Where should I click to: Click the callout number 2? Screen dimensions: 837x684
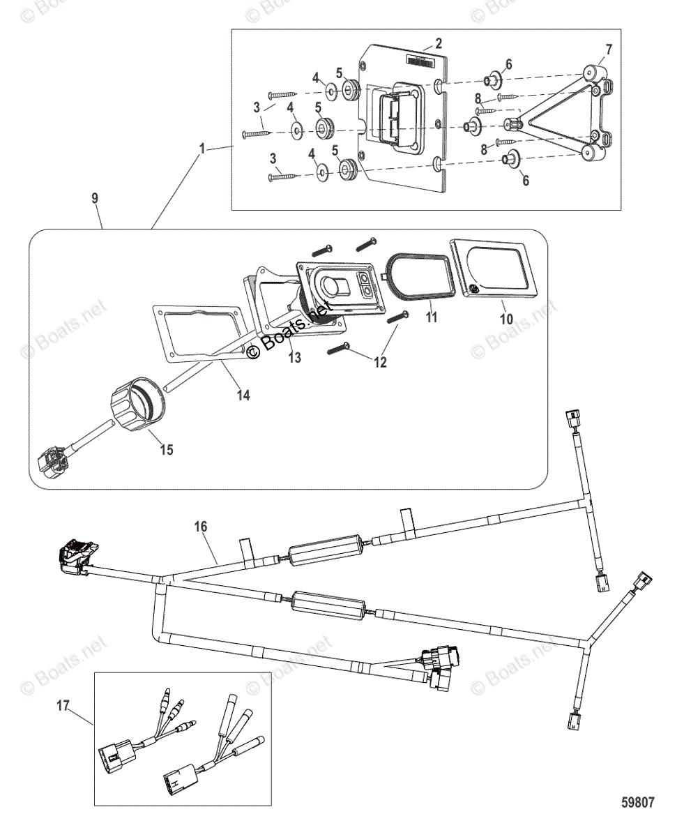pyautogui.click(x=439, y=44)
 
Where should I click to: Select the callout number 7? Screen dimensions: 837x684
pyautogui.click(x=609, y=49)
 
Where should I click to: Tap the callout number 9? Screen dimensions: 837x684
pyautogui.click(x=95, y=199)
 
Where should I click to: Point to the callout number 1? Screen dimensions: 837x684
pyautogui.click(x=202, y=149)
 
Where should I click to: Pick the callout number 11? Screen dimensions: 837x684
pyautogui.click(x=432, y=317)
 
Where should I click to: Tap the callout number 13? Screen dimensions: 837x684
pyautogui.click(x=295, y=358)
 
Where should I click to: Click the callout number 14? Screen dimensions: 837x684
pyautogui.click(x=243, y=395)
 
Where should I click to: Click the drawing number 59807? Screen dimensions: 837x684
pyautogui.click(x=637, y=804)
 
